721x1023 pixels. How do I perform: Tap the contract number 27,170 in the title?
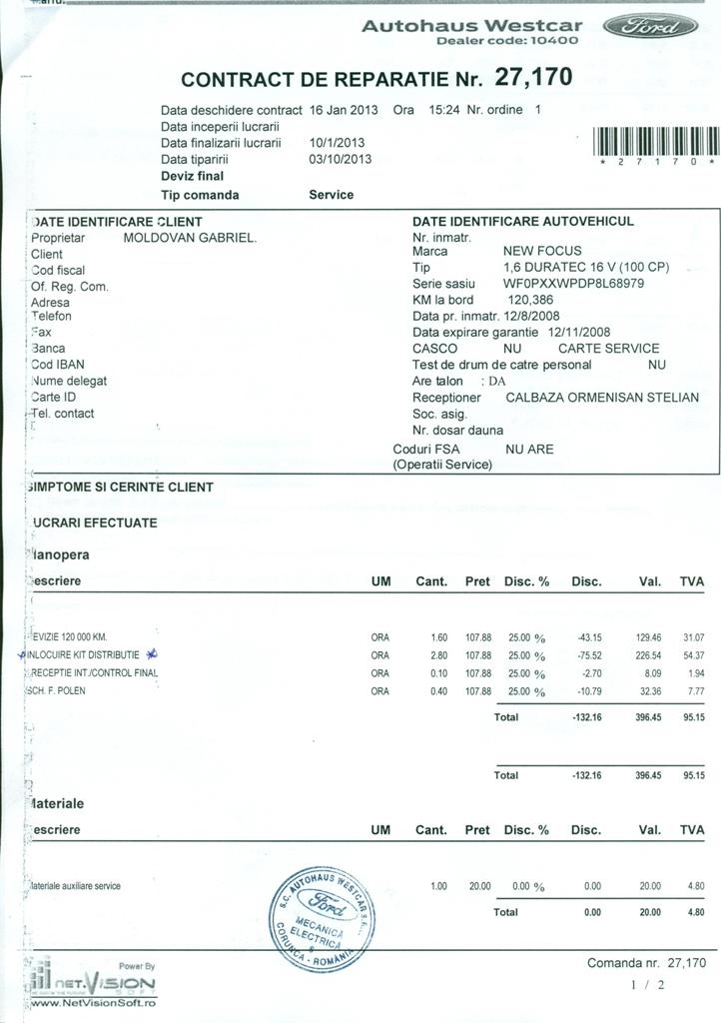click(x=530, y=78)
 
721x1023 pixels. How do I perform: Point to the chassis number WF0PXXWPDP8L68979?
click(x=573, y=283)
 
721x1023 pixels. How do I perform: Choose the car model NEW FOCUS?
click(x=542, y=251)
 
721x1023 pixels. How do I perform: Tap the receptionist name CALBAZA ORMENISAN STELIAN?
click(x=602, y=397)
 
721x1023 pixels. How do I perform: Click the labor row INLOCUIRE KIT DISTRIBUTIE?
click(x=90, y=655)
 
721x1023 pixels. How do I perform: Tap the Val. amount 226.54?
click(x=648, y=655)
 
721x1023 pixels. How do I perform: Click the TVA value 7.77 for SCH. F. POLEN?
click(x=693, y=691)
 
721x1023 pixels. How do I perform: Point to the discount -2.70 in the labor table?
click(x=589, y=673)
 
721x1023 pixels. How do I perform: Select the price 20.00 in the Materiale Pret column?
click(x=480, y=885)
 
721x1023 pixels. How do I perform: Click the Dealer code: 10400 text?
click(x=507, y=41)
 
